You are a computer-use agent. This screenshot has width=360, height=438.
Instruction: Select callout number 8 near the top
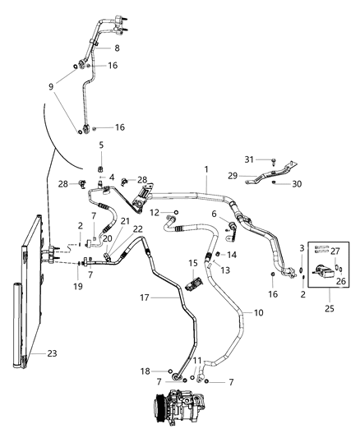point(117,48)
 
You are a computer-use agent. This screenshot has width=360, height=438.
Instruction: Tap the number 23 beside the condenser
point(51,354)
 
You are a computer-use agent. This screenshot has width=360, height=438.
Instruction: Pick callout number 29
point(233,176)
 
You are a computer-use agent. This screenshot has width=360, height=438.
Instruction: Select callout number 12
point(155,213)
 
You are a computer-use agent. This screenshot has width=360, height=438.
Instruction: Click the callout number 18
point(145,371)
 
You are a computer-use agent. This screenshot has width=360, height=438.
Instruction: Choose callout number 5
point(101,145)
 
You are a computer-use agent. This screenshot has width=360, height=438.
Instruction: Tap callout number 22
point(138,228)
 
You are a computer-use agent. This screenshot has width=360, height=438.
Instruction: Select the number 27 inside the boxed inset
point(334,251)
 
